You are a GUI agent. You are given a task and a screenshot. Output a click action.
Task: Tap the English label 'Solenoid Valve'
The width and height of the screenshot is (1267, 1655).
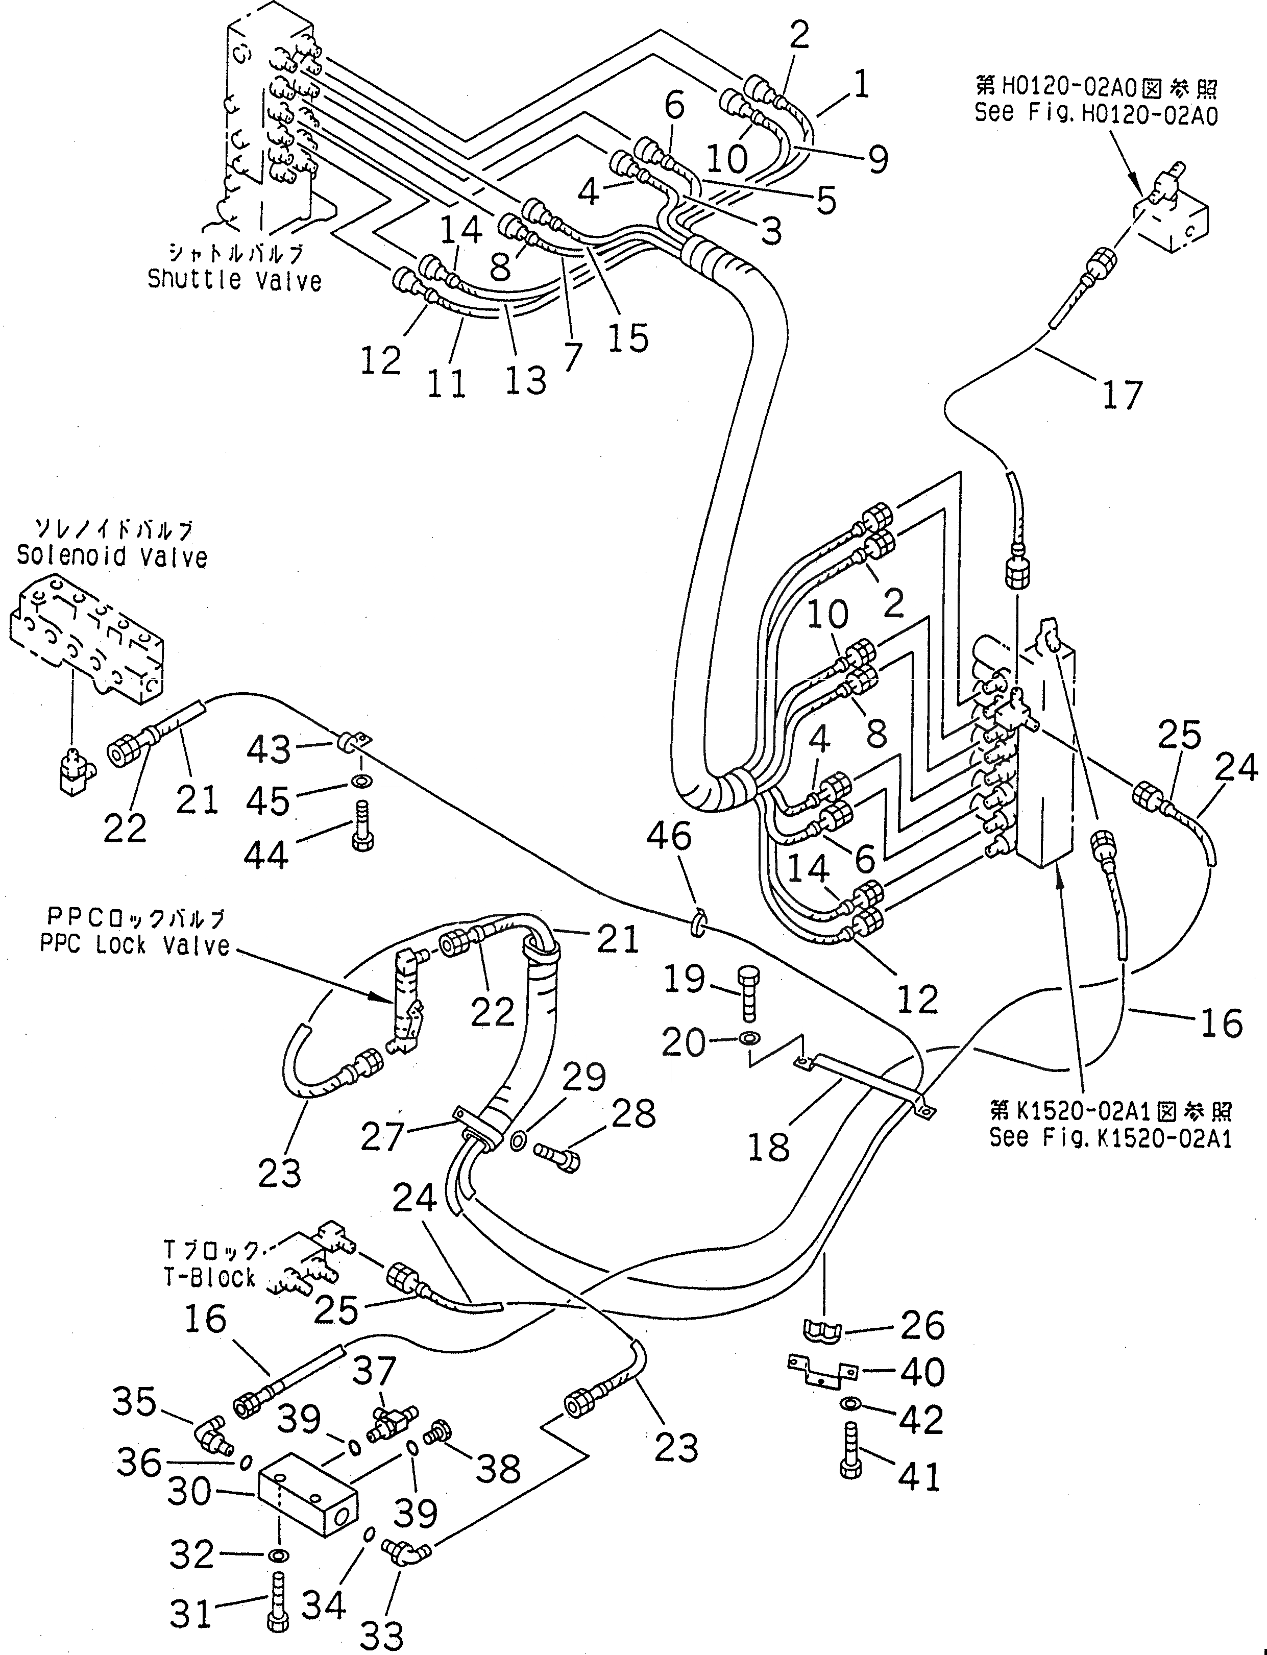pos(112,557)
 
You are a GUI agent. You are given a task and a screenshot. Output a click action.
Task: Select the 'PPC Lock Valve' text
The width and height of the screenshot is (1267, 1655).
pos(135,945)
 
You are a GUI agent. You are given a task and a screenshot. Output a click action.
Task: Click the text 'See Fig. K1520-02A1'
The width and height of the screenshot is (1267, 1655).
pos(1110,1138)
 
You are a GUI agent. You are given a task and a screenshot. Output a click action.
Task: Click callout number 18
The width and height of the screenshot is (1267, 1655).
pos(768,1147)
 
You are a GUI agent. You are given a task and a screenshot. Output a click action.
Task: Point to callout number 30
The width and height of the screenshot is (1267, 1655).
pos(188,1491)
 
